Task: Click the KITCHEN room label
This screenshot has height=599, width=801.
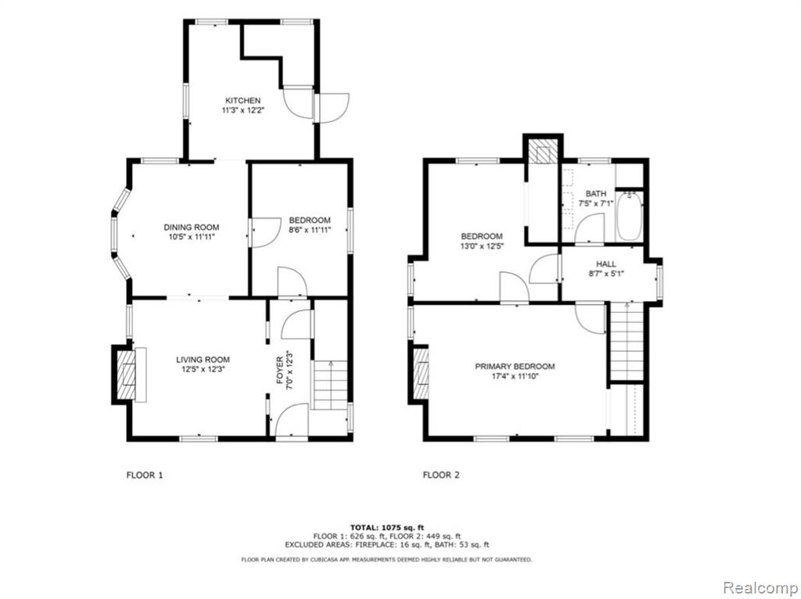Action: [242, 101]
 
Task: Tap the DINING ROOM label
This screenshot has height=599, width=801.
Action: [192, 228]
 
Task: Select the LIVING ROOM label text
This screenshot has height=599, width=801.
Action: [203, 360]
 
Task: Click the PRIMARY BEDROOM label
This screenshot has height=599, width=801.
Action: [515, 366]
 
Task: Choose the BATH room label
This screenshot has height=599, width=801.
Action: [595, 193]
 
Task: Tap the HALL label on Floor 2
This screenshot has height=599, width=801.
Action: [606, 264]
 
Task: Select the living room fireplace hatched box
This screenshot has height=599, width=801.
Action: [126, 375]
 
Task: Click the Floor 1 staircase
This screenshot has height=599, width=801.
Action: [330, 385]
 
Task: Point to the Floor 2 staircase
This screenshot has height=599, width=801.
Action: [627, 341]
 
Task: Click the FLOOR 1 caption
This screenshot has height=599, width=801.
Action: [145, 475]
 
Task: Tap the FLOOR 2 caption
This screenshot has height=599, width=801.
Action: [441, 475]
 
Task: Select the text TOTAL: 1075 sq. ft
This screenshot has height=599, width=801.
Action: [386, 528]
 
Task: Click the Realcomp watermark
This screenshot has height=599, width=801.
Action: [758, 588]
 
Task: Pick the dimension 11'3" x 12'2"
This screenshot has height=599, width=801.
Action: [242, 109]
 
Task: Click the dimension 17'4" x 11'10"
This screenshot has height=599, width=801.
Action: [514, 377]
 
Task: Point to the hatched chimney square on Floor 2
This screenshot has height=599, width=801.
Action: [543, 152]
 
